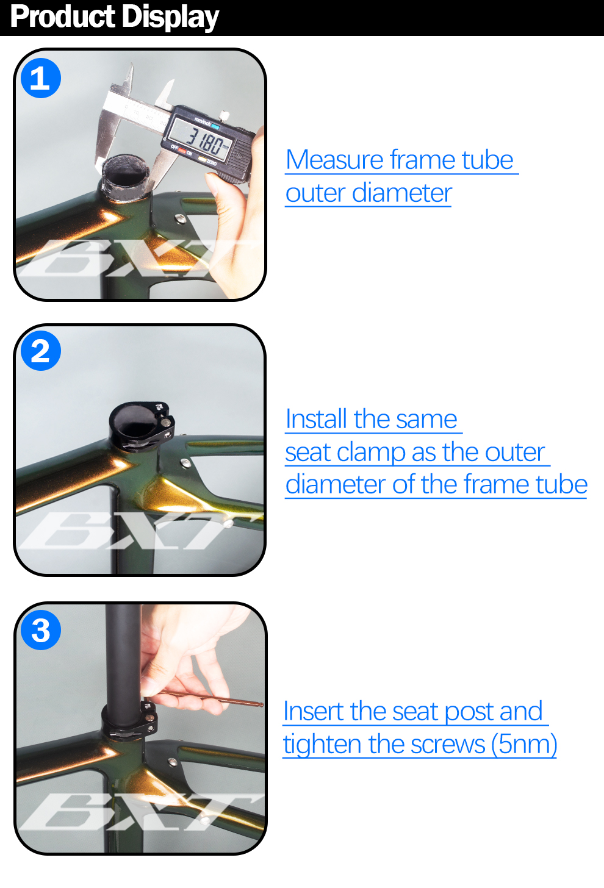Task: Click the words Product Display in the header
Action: point(114,17)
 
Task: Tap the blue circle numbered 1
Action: point(41,79)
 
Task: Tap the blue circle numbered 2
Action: point(41,351)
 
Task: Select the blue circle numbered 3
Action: point(41,630)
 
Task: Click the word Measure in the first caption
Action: point(334,160)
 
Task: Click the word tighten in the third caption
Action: point(322,745)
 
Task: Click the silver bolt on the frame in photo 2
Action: point(185,463)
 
